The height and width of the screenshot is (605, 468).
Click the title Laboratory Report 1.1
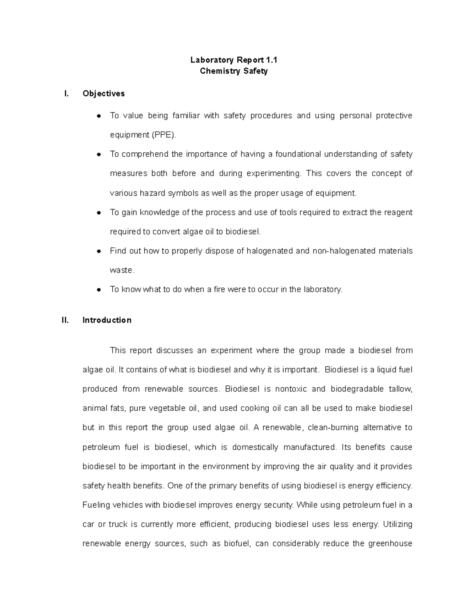[x=234, y=60]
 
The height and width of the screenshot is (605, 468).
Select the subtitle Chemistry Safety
[x=234, y=71]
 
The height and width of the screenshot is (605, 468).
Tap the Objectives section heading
[x=104, y=93]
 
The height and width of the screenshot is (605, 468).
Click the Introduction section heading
[x=107, y=320]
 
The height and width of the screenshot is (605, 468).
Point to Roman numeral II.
[x=65, y=320]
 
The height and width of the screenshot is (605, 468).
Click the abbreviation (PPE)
[x=164, y=135]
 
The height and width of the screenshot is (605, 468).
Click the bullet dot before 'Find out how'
[x=99, y=251]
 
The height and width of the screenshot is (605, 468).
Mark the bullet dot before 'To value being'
[x=99, y=116]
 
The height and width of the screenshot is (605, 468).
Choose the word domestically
[x=255, y=447]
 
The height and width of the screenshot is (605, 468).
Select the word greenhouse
[x=390, y=544]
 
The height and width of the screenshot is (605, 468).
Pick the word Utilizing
[x=397, y=524]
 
